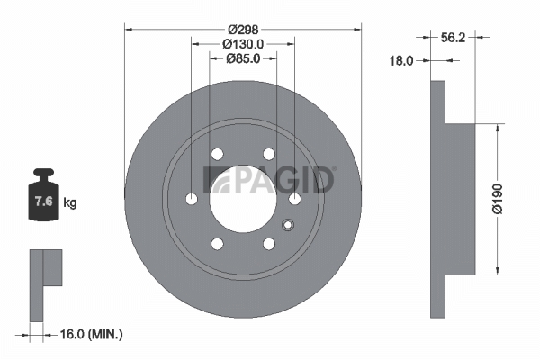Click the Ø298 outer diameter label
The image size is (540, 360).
click(x=243, y=30)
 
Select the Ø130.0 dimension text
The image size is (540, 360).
click(x=243, y=44)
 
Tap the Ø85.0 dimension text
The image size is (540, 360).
click(x=243, y=58)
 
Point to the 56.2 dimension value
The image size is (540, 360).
click(x=453, y=38)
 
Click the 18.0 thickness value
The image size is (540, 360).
click(x=401, y=61)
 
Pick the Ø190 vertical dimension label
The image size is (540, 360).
click(x=498, y=199)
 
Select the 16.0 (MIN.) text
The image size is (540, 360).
click(x=91, y=334)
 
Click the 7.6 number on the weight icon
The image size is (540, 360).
click(x=44, y=201)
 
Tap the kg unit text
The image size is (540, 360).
click(x=70, y=202)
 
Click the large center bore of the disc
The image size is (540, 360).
click(x=243, y=199)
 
